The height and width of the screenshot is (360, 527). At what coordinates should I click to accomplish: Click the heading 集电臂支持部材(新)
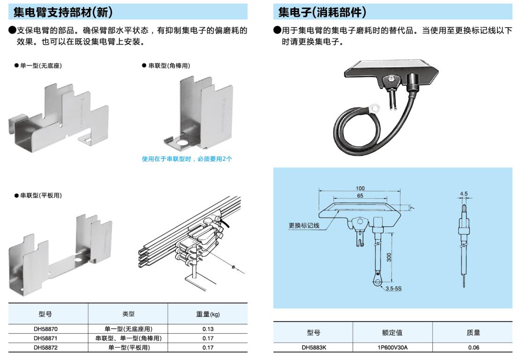(x=63, y=12)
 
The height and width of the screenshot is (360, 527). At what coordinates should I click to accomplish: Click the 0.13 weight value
(x=208, y=329)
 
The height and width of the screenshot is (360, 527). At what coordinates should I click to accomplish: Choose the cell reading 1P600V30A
(x=393, y=347)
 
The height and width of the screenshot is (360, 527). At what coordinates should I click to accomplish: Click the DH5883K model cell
(x=313, y=347)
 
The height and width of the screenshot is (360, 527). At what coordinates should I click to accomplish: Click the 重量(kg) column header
(x=208, y=314)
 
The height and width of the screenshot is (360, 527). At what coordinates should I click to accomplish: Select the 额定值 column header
(x=393, y=333)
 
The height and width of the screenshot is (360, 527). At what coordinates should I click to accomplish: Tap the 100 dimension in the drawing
(x=360, y=188)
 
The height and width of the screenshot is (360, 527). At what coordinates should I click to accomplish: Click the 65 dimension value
(x=360, y=195)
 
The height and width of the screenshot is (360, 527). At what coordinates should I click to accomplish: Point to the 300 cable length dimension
(x=389, y=257)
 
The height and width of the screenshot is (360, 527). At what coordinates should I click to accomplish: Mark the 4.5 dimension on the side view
(x=464, y=193)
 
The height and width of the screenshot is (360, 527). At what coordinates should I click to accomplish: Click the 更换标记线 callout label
(x=304, y=225)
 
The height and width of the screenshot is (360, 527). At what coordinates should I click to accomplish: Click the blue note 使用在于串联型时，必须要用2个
(x=187, y=159)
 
